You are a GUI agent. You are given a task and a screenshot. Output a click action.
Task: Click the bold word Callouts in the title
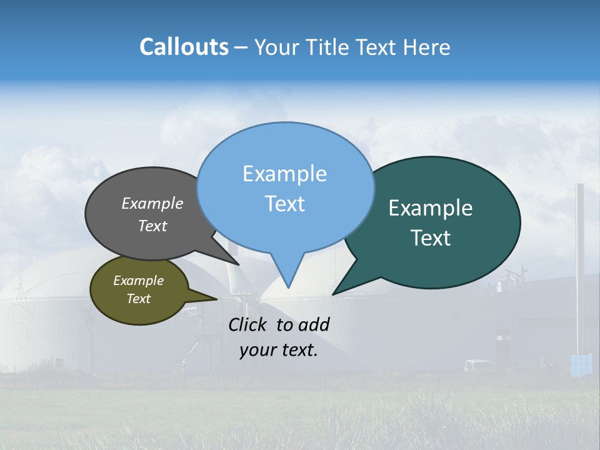184,47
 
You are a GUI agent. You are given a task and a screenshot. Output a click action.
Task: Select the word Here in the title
426,47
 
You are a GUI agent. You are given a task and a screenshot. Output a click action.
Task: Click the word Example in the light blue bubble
284,174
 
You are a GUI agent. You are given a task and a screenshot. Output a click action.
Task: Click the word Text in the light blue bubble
284,204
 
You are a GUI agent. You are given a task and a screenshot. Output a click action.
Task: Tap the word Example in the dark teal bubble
431,208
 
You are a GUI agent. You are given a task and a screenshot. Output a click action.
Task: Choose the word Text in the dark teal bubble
431,238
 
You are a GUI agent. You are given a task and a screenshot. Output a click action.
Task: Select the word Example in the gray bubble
152,204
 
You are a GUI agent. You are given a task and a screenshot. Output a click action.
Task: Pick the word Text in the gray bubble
152,226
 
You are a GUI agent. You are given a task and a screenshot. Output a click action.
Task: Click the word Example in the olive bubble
138,281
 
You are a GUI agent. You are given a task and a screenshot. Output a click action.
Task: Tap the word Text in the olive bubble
138,299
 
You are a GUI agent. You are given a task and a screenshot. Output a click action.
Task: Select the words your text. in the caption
279,351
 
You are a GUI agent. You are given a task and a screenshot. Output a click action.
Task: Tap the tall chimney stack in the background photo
580,262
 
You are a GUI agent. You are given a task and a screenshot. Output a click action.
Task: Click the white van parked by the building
478,364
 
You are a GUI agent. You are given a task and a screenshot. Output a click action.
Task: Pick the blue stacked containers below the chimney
581,364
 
